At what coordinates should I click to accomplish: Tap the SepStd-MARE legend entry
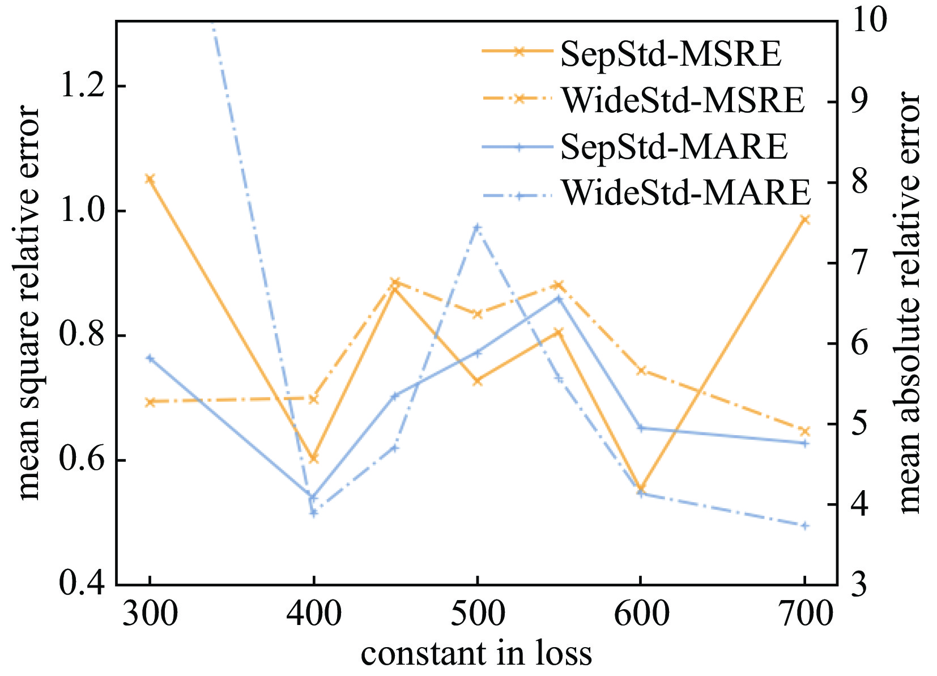(x=674, y=146)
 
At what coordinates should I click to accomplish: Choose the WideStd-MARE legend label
(x=686, y=193)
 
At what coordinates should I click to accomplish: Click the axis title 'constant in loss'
(x=476, y=653)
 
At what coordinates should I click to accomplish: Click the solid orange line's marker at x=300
(x=150, y=179)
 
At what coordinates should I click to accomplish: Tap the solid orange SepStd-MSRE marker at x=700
(x=805, y=219)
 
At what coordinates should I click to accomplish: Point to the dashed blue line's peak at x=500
(x=477, y=227)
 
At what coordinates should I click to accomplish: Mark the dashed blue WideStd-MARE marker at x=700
(x=805, y=526)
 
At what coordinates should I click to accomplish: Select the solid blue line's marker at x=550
(x=559, y=298)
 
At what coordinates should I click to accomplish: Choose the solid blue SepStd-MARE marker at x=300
(x=150, y=358)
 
